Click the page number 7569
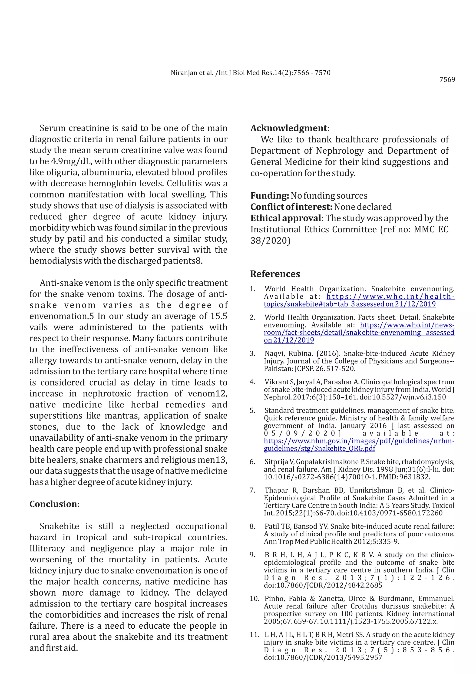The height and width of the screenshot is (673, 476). [447, 79]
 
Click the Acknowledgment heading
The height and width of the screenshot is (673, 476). [290, 128]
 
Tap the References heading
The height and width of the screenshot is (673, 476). [275, 274]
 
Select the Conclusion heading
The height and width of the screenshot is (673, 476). [55, 504]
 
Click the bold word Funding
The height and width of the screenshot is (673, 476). [270, 195]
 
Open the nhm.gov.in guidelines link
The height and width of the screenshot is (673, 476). [359, 441]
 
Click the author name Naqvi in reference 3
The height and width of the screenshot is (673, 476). [274, 353]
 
